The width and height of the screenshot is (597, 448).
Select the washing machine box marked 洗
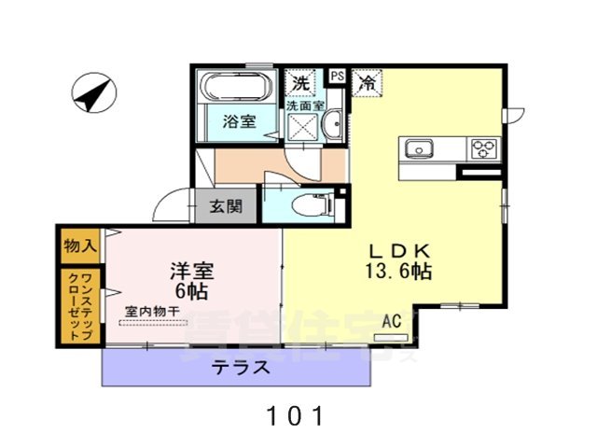[300, 82]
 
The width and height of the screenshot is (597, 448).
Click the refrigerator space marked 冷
[368, 82]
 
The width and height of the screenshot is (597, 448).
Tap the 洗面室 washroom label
[304, 106]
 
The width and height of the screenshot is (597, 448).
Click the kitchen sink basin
[417, 148]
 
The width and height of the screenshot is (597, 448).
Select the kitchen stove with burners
[484, 148]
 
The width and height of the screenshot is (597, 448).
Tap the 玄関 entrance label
[225, 205]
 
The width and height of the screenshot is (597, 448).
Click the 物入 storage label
[79, 246]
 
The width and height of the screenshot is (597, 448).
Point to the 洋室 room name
[192, 272]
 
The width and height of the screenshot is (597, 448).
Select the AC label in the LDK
[391, 322]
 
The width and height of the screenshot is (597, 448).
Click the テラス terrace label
[241, 367]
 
